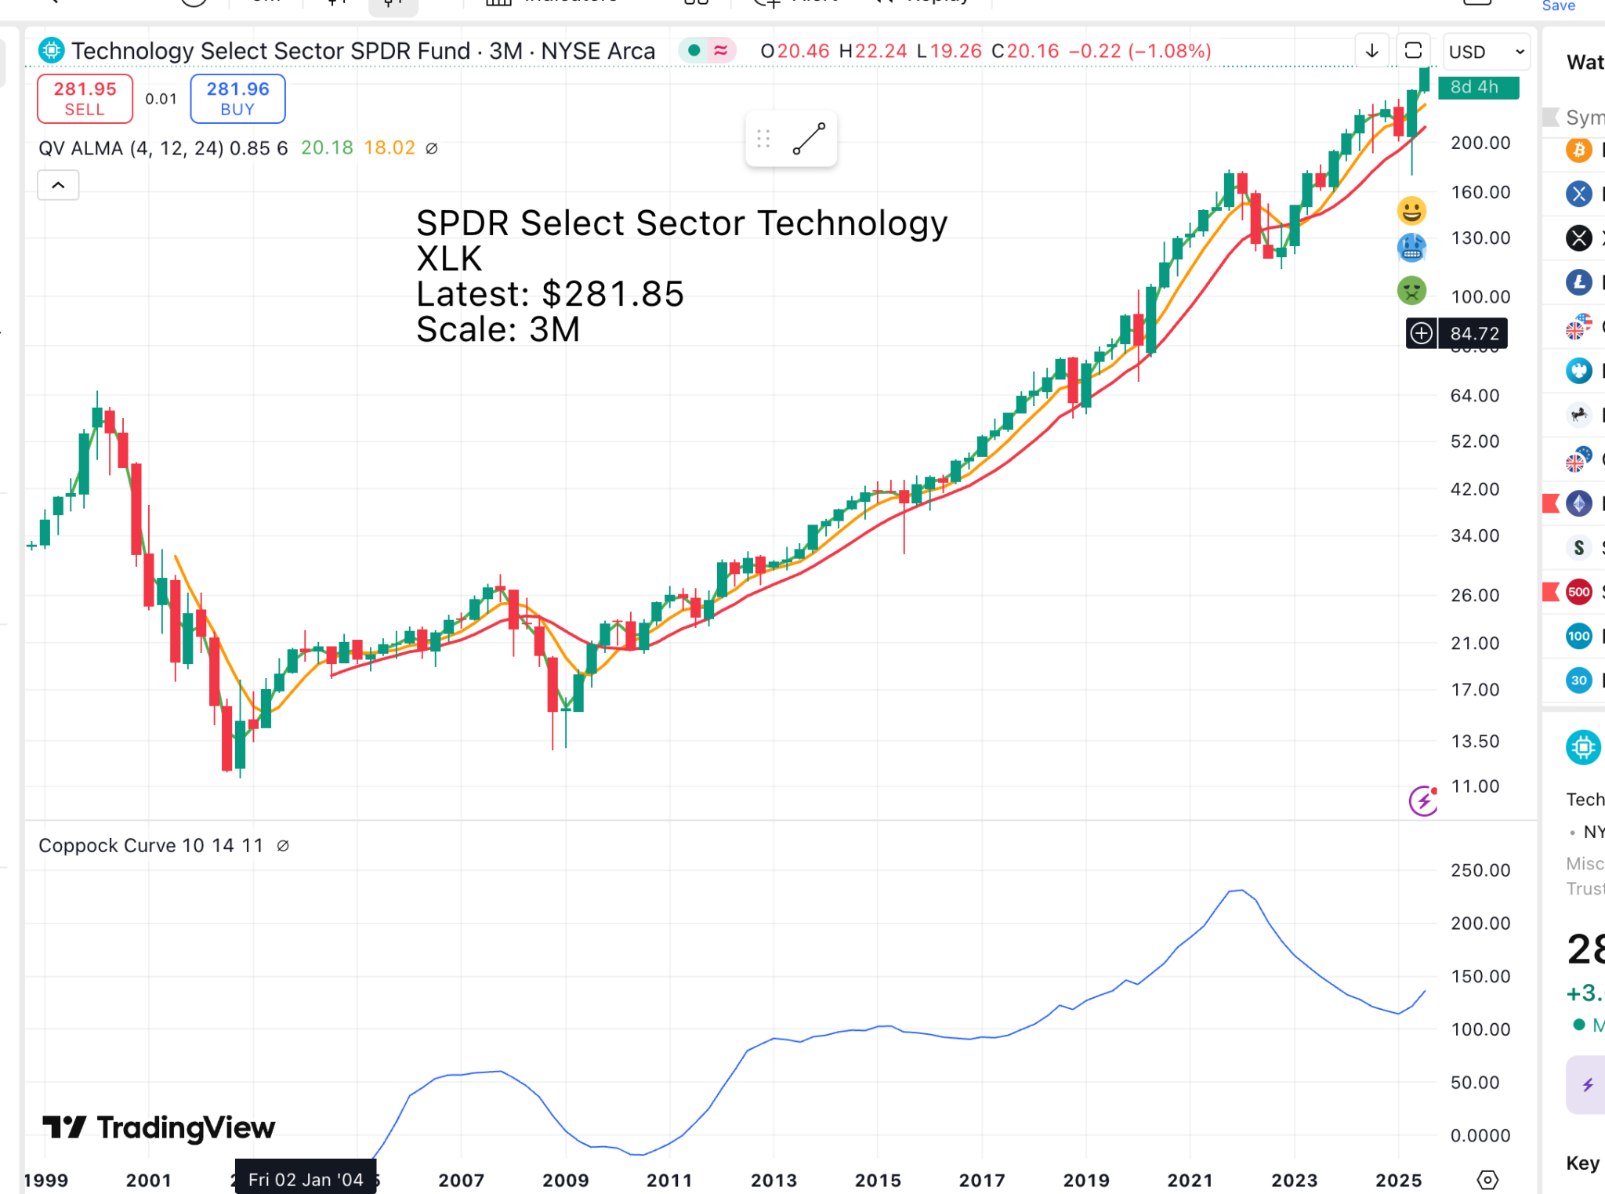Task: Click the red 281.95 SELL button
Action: coord(85,99)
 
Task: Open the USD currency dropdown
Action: coord(1486,52)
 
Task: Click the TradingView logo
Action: coord(159,1127)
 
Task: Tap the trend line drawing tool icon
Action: coord(809,139)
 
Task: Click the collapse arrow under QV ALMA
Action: coord(58,186)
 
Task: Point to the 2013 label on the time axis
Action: coord(774,1180)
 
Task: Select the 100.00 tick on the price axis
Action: coord(1480,297)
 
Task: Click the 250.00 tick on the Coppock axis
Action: coord(1480,870)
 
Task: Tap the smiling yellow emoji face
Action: coord(1411,211)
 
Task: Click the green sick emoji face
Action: coord(1411,291)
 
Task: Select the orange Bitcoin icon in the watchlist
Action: coord(1578,150)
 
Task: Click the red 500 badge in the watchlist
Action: coord(1578,592)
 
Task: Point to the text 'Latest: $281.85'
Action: coord(549,295)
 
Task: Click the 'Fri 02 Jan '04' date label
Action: coord(306,1179)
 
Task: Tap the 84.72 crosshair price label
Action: coord(1473,334)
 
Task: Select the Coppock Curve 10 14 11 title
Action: coord(150,846)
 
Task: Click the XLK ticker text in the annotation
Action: coord(449,259)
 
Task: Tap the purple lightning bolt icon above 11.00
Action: coord(1422,801)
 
